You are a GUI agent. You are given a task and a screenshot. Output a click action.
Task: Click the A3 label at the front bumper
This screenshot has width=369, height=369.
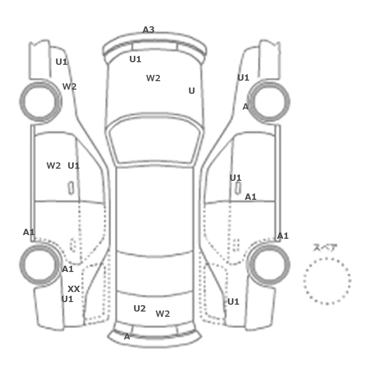pos(149,30)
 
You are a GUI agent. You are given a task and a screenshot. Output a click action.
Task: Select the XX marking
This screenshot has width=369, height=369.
pos(74,289)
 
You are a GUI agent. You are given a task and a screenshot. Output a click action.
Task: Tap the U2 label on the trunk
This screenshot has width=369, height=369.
pos(140,308)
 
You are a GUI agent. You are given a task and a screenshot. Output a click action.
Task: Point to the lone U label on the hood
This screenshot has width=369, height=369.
pos(192,91)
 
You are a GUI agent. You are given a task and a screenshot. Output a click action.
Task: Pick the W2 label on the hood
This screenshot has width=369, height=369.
pos(153,78)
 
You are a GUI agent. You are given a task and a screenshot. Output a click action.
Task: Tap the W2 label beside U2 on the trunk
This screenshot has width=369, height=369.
pos(162,314)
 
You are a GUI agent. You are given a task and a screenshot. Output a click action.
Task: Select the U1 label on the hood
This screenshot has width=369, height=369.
pos(135,59)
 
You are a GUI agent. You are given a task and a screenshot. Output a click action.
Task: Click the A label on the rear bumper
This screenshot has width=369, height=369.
pos(127,337)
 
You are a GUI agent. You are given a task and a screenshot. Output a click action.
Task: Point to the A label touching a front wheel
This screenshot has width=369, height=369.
pos(246,107)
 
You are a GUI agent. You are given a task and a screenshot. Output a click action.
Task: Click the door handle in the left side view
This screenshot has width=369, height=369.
pos(71,188)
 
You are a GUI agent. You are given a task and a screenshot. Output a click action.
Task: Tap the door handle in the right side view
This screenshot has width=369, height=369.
pos(238,188)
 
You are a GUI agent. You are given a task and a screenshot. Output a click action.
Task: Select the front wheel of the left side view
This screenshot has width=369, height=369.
pos(41,101)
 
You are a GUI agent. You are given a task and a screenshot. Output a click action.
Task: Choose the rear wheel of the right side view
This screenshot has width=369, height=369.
pos(269,265)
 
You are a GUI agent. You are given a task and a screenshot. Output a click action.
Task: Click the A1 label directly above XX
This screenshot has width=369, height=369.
pos(67,269)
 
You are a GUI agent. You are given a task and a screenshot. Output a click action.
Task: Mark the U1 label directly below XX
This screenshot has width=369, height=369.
pos(67,299)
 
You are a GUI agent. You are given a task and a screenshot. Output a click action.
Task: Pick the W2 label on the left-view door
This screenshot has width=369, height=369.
pos(54,166)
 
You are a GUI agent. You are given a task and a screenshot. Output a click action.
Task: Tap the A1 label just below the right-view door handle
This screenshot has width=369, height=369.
pos(250,197)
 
